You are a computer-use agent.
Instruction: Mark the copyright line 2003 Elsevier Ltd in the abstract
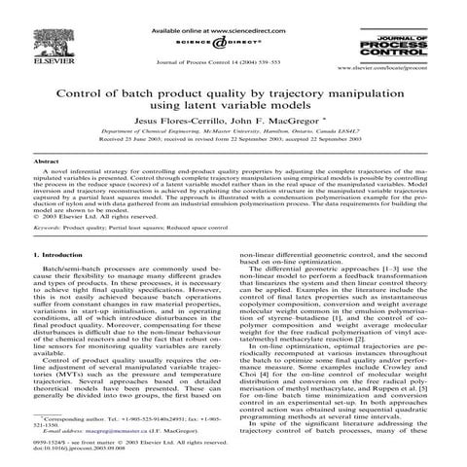[83, 212]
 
